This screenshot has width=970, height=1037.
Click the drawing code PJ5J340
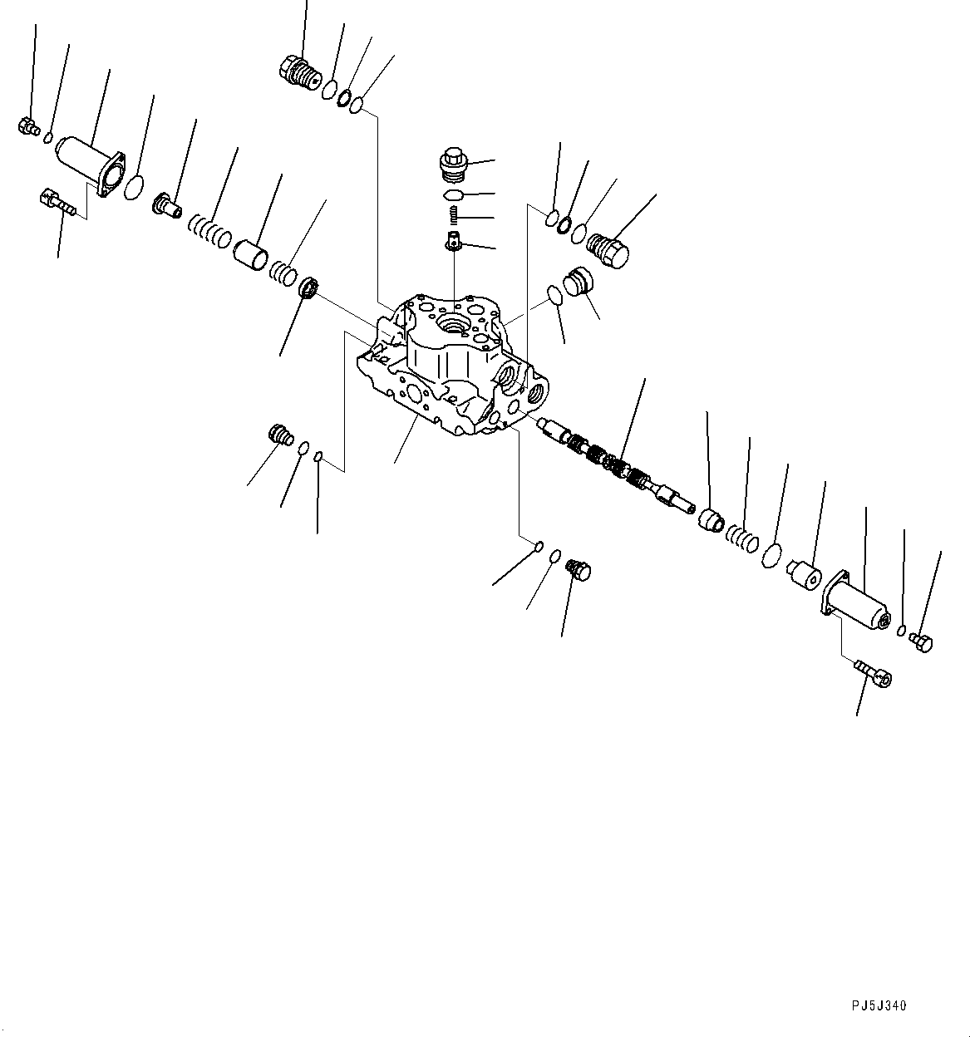878,1006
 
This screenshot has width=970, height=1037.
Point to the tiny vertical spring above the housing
454,216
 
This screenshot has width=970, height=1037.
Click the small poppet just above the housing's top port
453,242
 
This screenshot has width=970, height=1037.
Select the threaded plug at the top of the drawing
300,71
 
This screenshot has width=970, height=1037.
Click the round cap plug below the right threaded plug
575,282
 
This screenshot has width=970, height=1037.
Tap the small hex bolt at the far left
27,126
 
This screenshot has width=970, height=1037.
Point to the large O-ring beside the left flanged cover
134,188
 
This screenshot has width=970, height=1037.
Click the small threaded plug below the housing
577,570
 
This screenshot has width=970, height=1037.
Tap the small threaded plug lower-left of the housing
281,435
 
